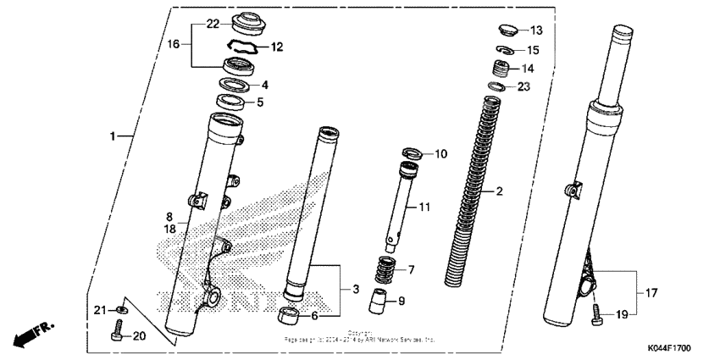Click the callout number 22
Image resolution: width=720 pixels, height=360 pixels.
(189, 23)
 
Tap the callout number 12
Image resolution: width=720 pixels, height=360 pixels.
(276, 47)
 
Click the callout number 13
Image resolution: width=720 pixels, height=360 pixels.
(535, 30)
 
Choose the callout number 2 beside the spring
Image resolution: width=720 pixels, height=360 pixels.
(499, 191)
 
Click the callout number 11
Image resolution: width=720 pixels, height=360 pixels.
(424, 207)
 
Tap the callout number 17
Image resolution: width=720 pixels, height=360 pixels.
(651, 294)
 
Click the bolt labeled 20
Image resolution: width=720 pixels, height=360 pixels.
(118, 336)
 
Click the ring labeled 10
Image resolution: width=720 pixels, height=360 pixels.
(413, 153)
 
